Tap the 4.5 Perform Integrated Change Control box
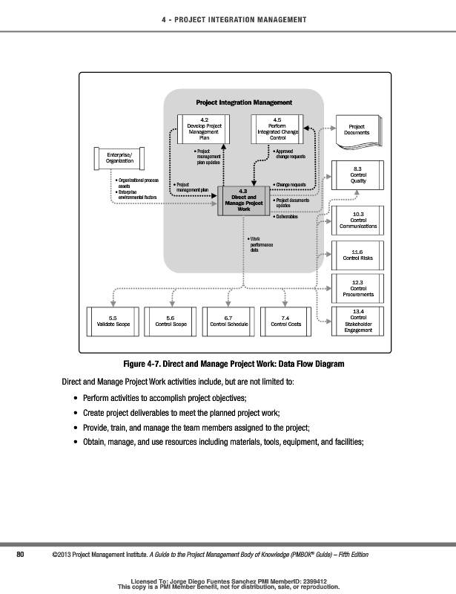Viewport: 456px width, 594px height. click(x=277, y=128)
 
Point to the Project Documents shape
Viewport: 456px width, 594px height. click(x=357, y=131)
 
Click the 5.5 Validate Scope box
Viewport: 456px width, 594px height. click(x=109, y=321)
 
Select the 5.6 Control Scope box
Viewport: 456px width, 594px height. click(x=171, y=321)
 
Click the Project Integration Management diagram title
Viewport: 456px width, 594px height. click(x=244, y=102)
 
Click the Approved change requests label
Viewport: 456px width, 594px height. click(x=290, y=154)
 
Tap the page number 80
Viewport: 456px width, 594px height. click(x=21, y=555)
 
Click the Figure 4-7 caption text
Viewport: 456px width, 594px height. click(x=234, y=365)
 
